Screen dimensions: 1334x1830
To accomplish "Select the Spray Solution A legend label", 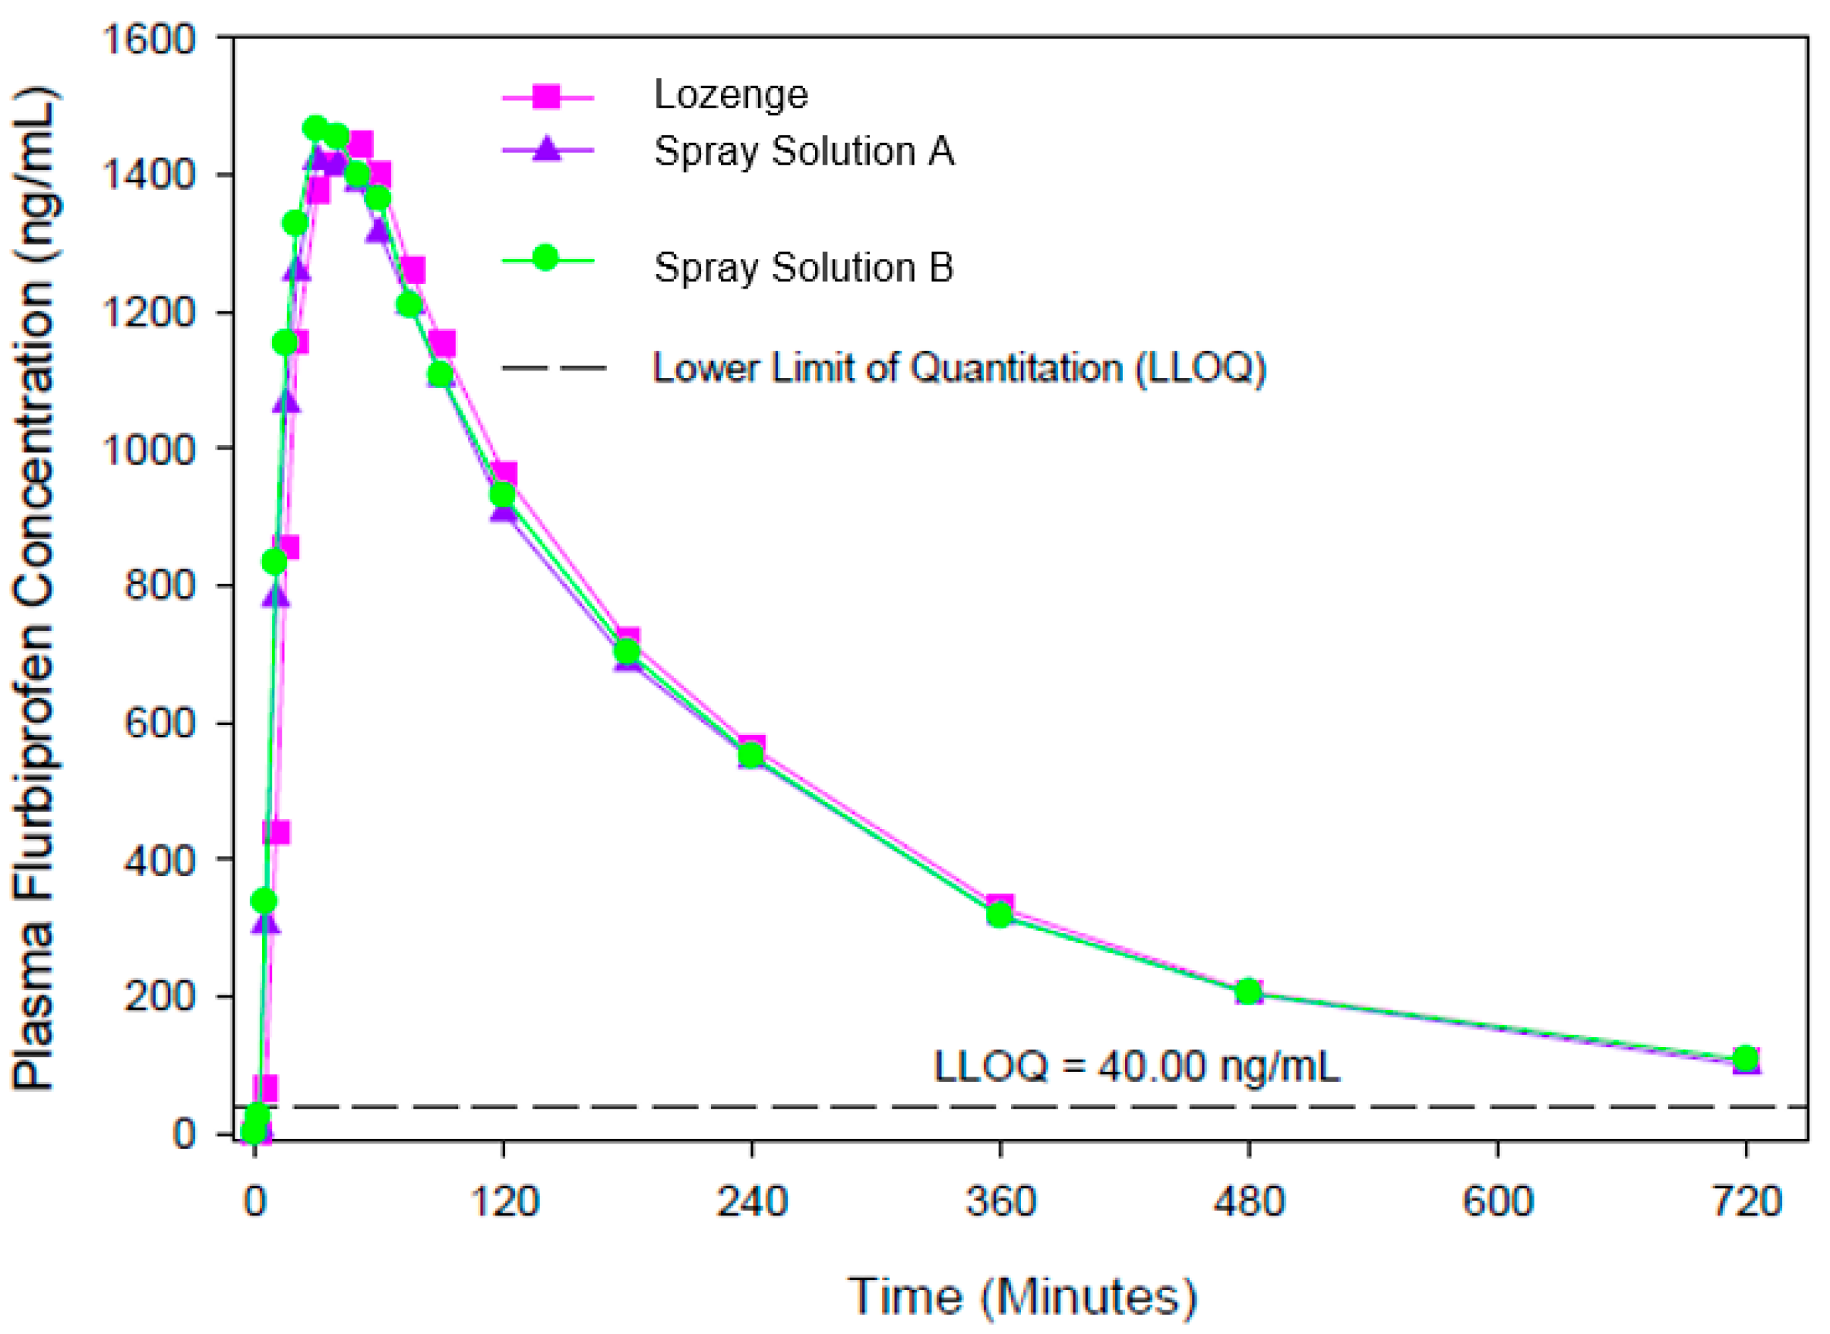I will [804, 151].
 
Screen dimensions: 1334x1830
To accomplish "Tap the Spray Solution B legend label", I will [804, 267].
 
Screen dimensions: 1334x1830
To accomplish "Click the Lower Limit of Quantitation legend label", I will [959, 368].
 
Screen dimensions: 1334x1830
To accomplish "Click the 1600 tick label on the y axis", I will [148, 39].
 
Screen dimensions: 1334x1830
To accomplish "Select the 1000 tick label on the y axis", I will [148, 449].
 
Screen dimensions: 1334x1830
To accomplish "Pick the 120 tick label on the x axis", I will [504, 1201].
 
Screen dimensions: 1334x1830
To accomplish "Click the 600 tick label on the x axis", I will [1498, 1201].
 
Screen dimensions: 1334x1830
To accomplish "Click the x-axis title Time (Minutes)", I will [1021, 1297].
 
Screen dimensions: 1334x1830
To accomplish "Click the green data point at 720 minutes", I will [1746, 1058].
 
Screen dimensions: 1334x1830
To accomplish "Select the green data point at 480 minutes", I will [1249, 991].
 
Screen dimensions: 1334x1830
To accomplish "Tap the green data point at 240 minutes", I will [751, 755].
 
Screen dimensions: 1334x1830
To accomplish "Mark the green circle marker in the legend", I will [546, 258].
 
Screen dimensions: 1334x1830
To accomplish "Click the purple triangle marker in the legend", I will [547, 150].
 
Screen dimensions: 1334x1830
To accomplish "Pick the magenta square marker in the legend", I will [547, 96].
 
